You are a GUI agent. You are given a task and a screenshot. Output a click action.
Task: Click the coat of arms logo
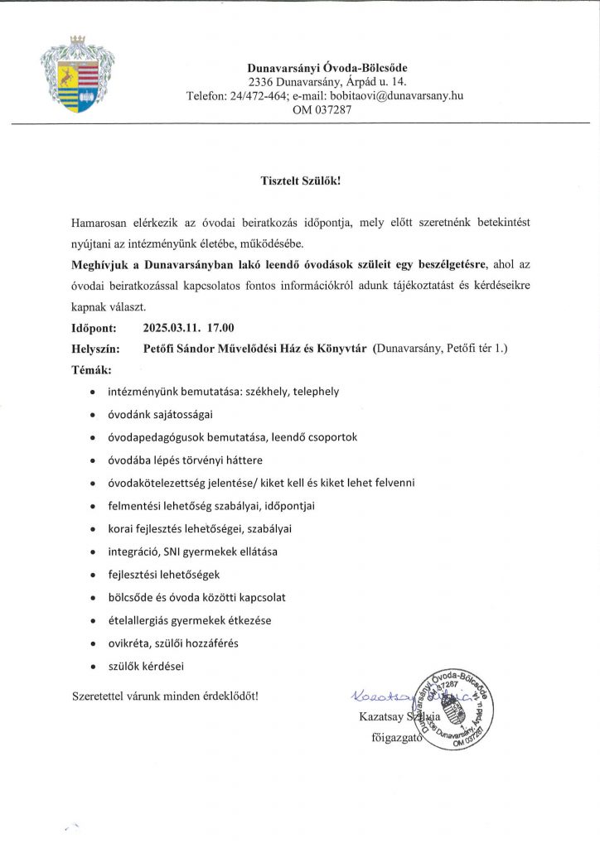coord(77,75)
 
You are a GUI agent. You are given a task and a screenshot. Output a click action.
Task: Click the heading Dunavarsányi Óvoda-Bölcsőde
coord(327,67)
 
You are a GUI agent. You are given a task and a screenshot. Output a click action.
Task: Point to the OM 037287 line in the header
coord(322,109)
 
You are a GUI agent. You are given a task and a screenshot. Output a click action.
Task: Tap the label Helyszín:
coord(97,349)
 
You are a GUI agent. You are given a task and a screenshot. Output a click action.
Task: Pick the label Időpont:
coord(94,329)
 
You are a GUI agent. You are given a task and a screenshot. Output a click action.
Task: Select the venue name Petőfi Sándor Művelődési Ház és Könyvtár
coord(255,349)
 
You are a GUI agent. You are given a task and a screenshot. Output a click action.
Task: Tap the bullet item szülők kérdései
coord(146,665)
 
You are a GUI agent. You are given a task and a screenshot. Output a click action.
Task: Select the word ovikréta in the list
coord(130,642)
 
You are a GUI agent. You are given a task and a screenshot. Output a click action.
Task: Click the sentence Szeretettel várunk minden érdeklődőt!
coord(166,695)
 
